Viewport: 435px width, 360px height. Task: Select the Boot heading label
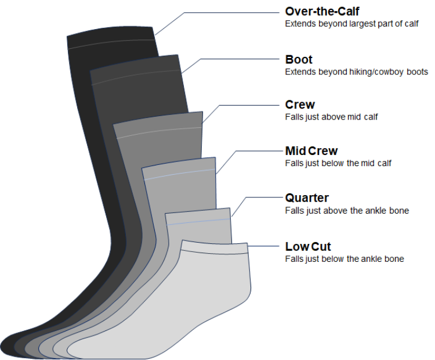point(299,59)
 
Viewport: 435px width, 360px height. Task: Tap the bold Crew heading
point(300,105)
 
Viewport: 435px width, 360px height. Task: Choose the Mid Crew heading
point(311,151)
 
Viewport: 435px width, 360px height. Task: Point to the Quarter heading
point(307,197)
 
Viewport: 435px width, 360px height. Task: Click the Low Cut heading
point(308,246)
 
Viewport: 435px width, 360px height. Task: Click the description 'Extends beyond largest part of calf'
point(351,24)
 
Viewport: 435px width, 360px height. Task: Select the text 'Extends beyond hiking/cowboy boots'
point(356,72)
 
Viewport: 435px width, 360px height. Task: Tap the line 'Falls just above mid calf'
point(331,117)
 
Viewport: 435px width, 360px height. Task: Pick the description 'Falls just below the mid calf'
point(338,163)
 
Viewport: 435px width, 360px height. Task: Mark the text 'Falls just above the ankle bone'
point(347,210)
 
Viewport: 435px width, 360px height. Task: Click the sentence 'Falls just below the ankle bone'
point(345,258)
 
